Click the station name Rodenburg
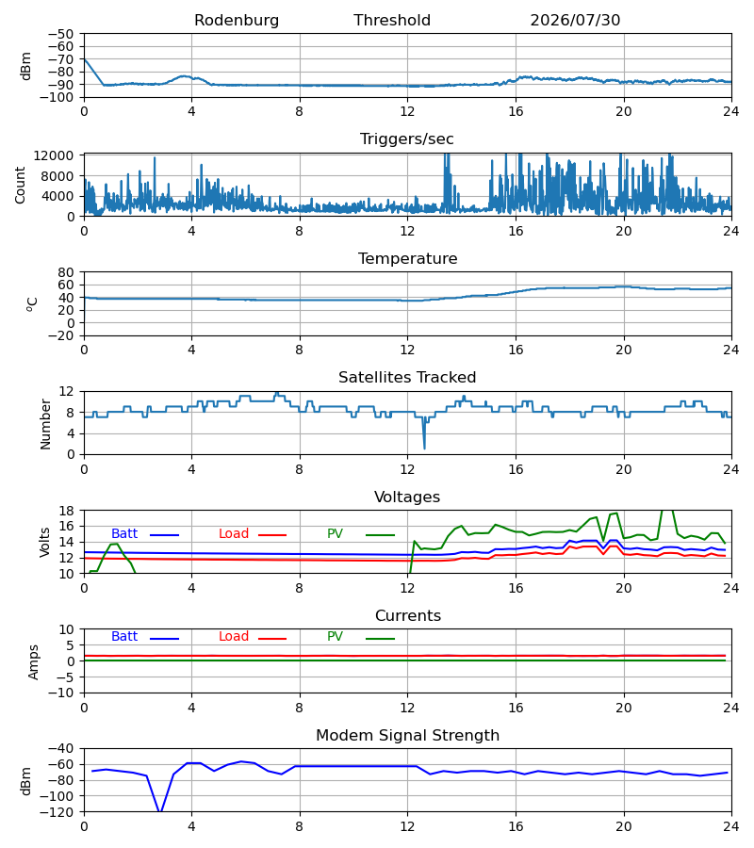(237, 21)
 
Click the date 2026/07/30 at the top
(575, 21)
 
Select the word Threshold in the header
(392, 21)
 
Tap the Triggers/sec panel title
(407, 139)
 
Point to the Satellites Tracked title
(407, 378)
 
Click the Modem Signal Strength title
(408, 736)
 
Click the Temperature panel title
(408, 258)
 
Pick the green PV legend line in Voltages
(380, 535)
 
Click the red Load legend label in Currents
(234, 637)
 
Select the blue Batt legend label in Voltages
(124, 534)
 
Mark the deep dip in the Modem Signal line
(160, 810)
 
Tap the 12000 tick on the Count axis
(54, 155)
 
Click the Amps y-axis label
(34, 662)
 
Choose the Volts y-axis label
(45, 543)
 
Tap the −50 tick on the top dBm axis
(60, 34)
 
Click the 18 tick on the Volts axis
(67, 511)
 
